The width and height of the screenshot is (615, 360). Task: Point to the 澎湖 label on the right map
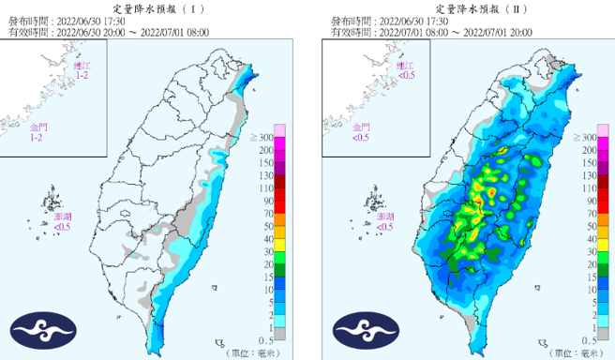point(385,217)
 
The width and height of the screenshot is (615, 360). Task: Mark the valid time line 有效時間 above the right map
point(431,31)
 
